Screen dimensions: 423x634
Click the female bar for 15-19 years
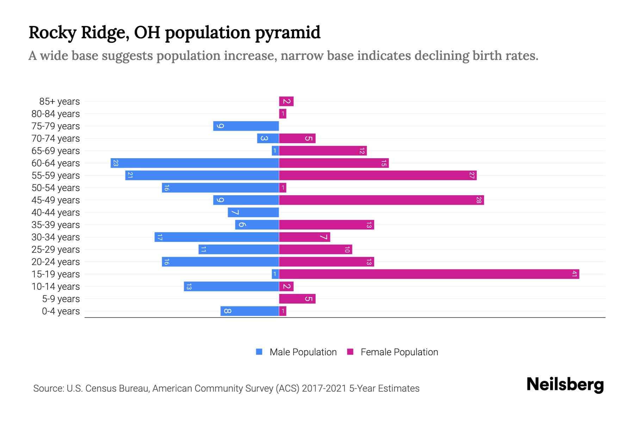tap(429, 274)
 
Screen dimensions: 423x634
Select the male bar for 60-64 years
tap(195, 163)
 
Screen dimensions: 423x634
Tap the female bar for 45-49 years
tap(381, 200)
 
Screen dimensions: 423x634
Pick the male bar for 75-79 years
tap(246, 126)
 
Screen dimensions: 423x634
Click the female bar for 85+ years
tap(286, 102)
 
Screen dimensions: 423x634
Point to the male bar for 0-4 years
tap(250, 311)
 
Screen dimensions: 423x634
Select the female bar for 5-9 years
tap(297, 299)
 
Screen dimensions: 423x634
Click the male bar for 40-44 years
tap(253, 213)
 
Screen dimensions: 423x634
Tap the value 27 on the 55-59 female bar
tap(472, 176)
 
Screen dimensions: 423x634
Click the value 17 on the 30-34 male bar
tap(160, 237)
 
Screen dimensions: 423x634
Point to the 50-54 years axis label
tap(56, 188)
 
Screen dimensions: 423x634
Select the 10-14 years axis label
tap(56, 287)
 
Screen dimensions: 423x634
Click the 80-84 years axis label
tap(56, 114)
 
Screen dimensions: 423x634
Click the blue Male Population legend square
tap(259, 352)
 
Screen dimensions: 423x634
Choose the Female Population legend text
tap(399, 352)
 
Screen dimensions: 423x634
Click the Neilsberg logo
tap(565, 385)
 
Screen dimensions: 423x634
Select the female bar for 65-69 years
tap(323, 151)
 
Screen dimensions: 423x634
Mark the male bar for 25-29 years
tap(239, 250)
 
